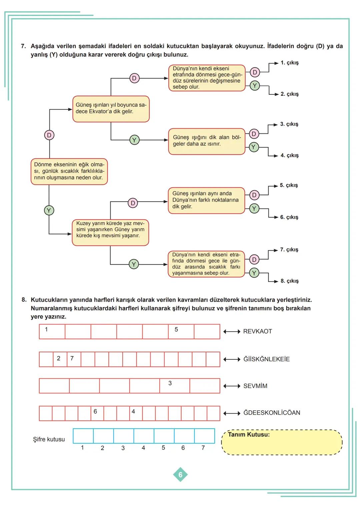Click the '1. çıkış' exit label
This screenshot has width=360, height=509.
pos(289,63)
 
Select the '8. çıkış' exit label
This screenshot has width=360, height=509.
pos(289,281)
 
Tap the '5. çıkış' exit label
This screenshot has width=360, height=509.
pos(289,185)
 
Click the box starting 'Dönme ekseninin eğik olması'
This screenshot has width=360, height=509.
pos(69,171)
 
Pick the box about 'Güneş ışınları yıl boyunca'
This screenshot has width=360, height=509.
pos(111,109)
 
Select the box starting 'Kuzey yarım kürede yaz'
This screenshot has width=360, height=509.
pos(110,232)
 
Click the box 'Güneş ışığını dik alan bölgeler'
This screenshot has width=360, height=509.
pos(206,141)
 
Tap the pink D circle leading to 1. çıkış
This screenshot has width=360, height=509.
pos(255,72)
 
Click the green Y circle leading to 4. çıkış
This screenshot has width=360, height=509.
pos(254,147)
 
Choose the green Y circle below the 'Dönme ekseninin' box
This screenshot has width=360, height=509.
pos(49,210)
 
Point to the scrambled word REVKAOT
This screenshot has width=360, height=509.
pos(257,331)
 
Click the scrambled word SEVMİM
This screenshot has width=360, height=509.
pos(255,386)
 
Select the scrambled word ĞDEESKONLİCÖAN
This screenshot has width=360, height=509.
pos(271,413)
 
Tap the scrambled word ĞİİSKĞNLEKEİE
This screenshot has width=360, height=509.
pos(266,359)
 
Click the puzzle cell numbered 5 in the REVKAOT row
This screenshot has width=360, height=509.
pos(181,332)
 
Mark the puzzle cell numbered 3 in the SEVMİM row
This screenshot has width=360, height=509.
pos(175,386)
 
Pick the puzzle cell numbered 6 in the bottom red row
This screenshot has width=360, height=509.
pos(97,413)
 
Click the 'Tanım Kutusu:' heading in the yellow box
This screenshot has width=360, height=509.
pos(248,435)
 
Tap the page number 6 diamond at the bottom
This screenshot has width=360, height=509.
pos(180,475)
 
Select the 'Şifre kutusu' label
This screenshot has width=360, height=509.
pos(49,439)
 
